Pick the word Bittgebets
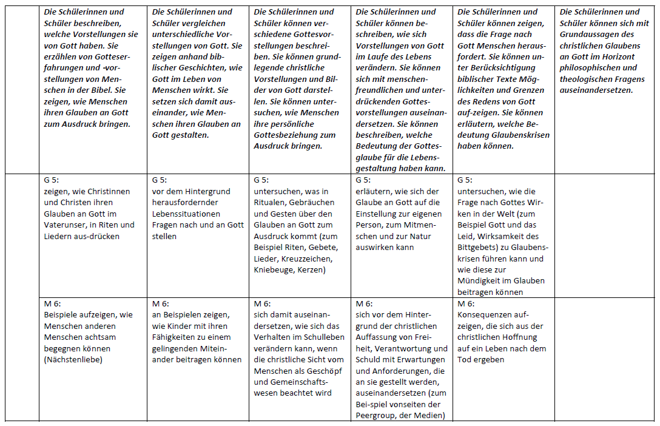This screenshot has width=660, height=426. pos(478,247)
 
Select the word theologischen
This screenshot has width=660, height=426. pos(587,79)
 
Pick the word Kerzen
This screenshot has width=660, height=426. pos(313,269)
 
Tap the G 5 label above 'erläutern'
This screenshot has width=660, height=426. pos(363,180)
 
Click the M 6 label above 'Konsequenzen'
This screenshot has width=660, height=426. pos(466,303)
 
